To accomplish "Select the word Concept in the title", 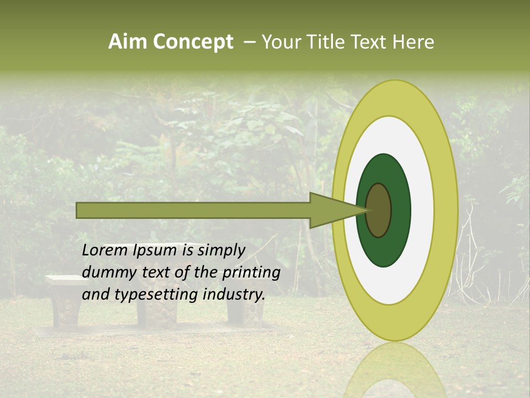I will coord(193,42).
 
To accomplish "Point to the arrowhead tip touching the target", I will coord(367,210).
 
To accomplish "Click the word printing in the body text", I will coord(251,273).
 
